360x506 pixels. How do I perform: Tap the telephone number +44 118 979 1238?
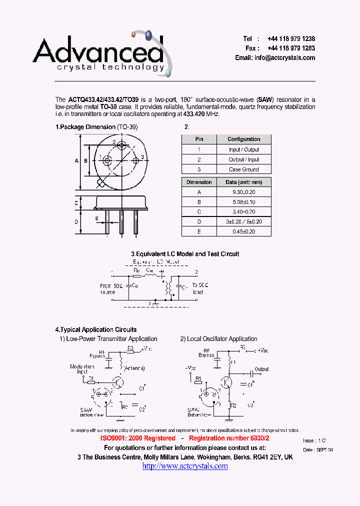pos(291,39)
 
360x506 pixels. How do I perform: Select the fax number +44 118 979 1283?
pos(291,48)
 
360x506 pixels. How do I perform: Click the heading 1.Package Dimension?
pos(85,127)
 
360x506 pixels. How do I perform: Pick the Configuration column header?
pos(243,139)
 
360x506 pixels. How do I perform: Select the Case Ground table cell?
pos(243,169)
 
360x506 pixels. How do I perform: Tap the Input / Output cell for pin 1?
pos(243,149)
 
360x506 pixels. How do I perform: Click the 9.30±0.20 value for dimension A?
pos(244,192)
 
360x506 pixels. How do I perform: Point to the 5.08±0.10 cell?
pos(244,202)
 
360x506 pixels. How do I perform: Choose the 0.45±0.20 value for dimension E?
pos(244,231)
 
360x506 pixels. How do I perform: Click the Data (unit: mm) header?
pos(244,182)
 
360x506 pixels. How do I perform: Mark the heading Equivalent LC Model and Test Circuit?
pos(185,254)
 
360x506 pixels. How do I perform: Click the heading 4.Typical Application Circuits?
pos(96,330)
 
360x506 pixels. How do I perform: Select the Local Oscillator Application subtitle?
pos(219,339)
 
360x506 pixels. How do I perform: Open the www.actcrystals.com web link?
pos(185,466)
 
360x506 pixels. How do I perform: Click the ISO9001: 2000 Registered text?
pos(133,438)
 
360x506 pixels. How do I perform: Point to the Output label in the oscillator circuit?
pos(261,369)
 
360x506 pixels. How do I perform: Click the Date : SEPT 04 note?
pos(317,450)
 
